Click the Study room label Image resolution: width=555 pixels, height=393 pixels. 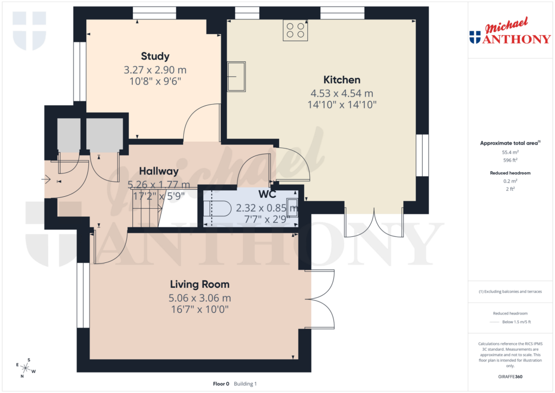155,56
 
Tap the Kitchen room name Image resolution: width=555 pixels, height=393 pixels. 341,80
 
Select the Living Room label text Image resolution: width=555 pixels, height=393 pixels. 199,284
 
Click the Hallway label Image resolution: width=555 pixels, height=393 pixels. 158,171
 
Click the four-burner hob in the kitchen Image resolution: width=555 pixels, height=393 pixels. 295,30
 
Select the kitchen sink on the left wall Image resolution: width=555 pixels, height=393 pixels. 236,76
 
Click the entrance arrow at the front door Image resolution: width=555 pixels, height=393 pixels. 46,179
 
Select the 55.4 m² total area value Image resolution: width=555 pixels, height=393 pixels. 509,153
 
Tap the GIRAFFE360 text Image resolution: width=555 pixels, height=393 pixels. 509,377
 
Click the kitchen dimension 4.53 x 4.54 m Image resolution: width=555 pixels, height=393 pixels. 341,93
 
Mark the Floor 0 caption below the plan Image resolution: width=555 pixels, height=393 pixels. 221,384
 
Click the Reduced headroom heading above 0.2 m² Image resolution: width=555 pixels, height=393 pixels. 509,173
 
